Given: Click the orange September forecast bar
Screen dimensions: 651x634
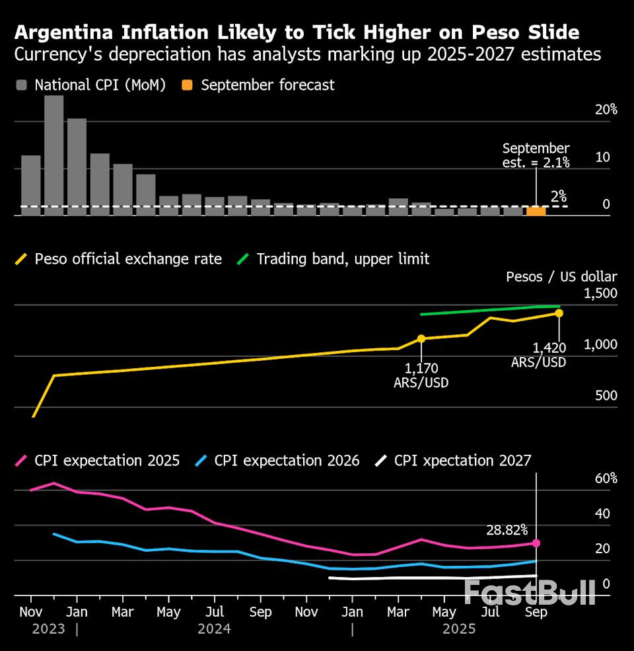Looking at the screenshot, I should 536,211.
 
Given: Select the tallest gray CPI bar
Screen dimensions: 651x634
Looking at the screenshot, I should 53,155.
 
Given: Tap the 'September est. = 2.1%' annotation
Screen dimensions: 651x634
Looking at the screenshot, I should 536,155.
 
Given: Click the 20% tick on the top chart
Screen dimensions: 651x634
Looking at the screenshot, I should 606,110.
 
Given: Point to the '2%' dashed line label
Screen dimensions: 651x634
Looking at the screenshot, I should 559,196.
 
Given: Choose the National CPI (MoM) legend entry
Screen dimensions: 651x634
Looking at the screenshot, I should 90,85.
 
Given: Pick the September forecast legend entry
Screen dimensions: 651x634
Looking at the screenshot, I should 259,85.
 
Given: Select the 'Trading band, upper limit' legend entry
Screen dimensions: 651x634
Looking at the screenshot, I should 334,259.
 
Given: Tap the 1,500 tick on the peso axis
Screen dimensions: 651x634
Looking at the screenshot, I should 600,293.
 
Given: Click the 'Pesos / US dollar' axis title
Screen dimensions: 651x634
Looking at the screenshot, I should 561,276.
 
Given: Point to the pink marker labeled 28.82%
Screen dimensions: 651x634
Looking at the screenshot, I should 536,543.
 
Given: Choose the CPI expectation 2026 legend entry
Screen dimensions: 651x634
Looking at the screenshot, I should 278,461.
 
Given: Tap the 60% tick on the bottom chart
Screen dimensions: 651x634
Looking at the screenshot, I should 606,479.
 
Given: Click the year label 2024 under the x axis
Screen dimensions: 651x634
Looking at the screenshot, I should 214,629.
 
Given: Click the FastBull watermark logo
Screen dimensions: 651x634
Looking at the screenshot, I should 530,592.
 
